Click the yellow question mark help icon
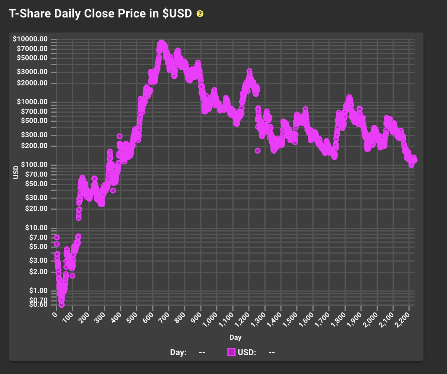(200, 14)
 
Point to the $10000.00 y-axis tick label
(30, 39)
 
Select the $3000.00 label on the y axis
(32, 71)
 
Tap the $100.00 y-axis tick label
(34, 165)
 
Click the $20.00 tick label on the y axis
(37, 208)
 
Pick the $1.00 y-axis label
(38, 290)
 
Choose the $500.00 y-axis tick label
(34, 121)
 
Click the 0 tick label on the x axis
(55, 315)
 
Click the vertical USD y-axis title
(16, 172)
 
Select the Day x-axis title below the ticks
(235, 337)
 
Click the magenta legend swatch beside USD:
(231, 352)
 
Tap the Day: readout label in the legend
(178, 352)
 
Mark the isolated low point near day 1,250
(257, 151)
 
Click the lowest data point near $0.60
(62, 305)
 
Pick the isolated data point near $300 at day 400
(120, 136)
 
